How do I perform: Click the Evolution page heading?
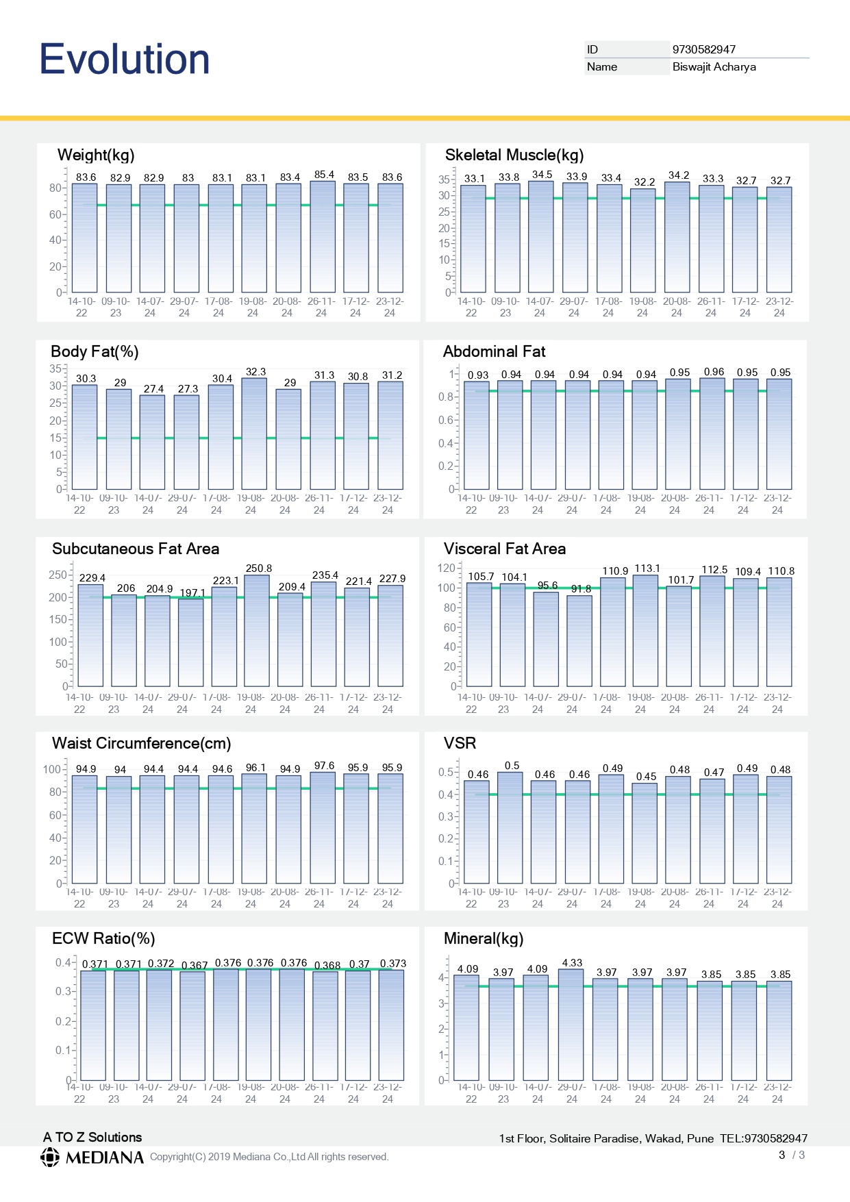125,59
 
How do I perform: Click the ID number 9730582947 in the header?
704,49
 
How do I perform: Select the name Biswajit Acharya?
714,66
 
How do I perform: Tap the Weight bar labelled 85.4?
323,237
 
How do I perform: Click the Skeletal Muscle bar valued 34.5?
540,237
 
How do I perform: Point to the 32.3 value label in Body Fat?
255,372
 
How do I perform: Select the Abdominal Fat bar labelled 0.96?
712,434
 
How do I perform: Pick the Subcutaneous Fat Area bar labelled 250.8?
257,631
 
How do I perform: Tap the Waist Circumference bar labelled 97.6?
323,828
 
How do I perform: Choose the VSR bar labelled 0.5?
510,828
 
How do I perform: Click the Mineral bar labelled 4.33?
571,1025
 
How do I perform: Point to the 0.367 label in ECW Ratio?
195,965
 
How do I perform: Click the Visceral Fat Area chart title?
505,549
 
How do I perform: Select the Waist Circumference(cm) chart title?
142,743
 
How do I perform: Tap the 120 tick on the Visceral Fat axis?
446,568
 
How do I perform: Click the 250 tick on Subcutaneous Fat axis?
58,575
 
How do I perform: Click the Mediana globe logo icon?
50,1157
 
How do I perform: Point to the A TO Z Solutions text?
92,1137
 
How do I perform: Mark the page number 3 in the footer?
782,1155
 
